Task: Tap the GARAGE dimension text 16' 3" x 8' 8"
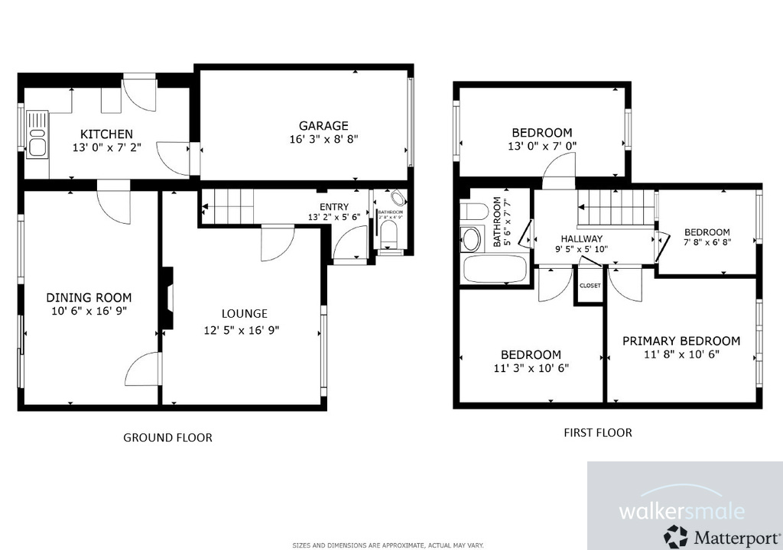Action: point(323,139)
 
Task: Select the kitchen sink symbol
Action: point(36,134)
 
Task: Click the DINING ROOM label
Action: point(89,297)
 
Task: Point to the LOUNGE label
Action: point(244,313)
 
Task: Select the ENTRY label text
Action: point(333,206)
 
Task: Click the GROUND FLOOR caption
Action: point(167,438)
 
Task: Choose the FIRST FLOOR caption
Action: point(598,432)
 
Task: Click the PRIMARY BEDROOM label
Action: point(681,341)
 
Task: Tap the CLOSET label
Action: point(590,285)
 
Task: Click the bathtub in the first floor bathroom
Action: point(494,269)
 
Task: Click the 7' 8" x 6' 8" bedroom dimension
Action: point(707,244)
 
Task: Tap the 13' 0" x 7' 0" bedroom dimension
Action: point(541,145)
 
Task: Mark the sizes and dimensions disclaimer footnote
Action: point(388,545)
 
